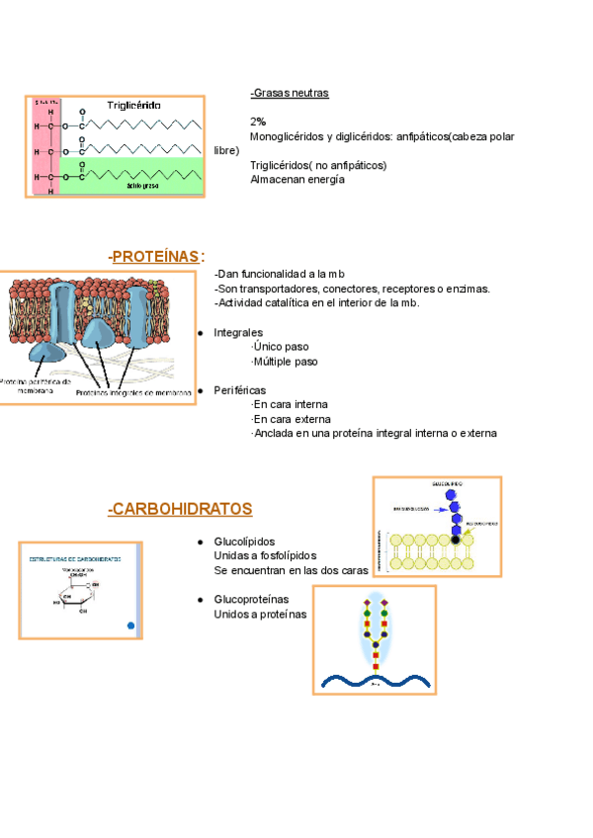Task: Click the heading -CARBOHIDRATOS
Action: pyautogui.click(x=180, y=509)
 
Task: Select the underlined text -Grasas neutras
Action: pyautogui.click(x=290, y=93)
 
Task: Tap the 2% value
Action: pyautogui.click(x=258, y=122)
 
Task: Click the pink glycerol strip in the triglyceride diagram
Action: pyautogui.click(x=45, y=148)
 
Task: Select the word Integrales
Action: pyautogui.click(x=238, y=333)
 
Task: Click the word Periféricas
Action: pyautogui.click(x=239, y=390)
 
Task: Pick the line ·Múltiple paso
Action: pyautogui.click(x=285, y=362)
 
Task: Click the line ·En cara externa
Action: pyautogui.click(x=290, y=419)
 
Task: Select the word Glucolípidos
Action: pyautogui.click(x=244, y=542)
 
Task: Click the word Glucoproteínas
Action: pyautogui.click(x=251, y=600)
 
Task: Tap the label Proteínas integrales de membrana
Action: pyautogui.click(x=133, y=392)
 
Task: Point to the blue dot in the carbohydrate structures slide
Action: pyautogui.click(x=130, y=626)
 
